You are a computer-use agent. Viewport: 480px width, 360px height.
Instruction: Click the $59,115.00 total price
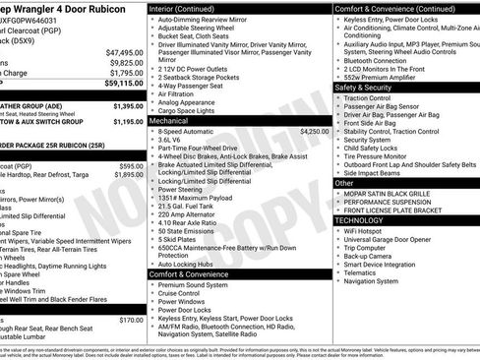(121, 85)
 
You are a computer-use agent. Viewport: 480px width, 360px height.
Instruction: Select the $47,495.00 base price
(124, 52)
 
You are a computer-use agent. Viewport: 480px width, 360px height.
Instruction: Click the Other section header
(344, 183)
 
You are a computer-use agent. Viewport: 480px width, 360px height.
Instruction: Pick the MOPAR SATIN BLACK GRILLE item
(390, 193)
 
